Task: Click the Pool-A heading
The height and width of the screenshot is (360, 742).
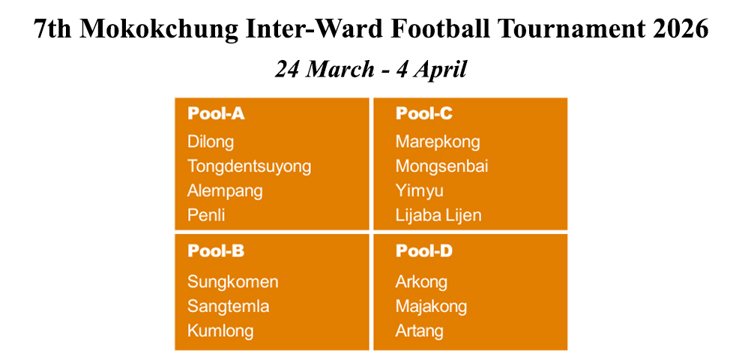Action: (x=216, y=114)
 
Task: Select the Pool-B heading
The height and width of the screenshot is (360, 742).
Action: (x=216, y=251)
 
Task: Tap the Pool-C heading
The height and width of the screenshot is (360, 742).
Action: (x=424, y=114)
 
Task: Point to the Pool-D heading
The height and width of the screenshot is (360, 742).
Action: (x=424, y=251)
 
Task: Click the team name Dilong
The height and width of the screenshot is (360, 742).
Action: (x=211, y=142)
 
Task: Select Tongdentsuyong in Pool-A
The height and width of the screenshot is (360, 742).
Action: (x=249, y=166)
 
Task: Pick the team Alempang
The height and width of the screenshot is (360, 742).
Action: (x=225, y=190)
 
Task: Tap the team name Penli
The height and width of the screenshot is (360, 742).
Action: (x=206, y=215)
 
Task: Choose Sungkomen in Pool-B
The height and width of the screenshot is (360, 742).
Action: (x=233, y=282)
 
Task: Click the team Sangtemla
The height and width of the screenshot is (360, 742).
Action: (x=229, y=306)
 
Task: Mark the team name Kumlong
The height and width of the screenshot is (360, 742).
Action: (x=220, y=331)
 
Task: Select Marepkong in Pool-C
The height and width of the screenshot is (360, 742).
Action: (x=438, y=142)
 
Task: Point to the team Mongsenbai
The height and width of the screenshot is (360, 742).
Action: (x=441, y=166)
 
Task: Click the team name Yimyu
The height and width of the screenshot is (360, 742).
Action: (x=420, y=190)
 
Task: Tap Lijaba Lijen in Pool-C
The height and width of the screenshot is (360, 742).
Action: (x=438, y=215)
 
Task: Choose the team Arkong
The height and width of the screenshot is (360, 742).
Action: (x=421, y=282)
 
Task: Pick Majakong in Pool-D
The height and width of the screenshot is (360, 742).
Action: (x=431, y=306)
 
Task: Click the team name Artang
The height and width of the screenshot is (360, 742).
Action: (x=420, y=331)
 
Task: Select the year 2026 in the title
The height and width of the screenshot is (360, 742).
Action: (x=679, y=29)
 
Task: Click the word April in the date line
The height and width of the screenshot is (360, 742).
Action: (x=440, y=70)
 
